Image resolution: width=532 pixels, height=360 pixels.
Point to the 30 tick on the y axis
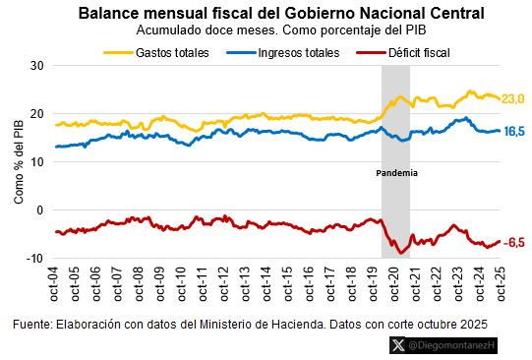point(38,65)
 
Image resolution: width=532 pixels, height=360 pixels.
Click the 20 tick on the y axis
point(38,113)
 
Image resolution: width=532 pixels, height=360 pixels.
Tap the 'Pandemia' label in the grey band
point(396,173)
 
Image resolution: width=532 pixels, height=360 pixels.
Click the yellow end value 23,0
point(513,98)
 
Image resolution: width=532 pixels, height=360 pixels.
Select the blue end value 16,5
point(514,131)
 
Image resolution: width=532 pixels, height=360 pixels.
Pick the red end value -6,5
point(514,242)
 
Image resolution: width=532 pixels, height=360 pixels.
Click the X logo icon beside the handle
point(396,345)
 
